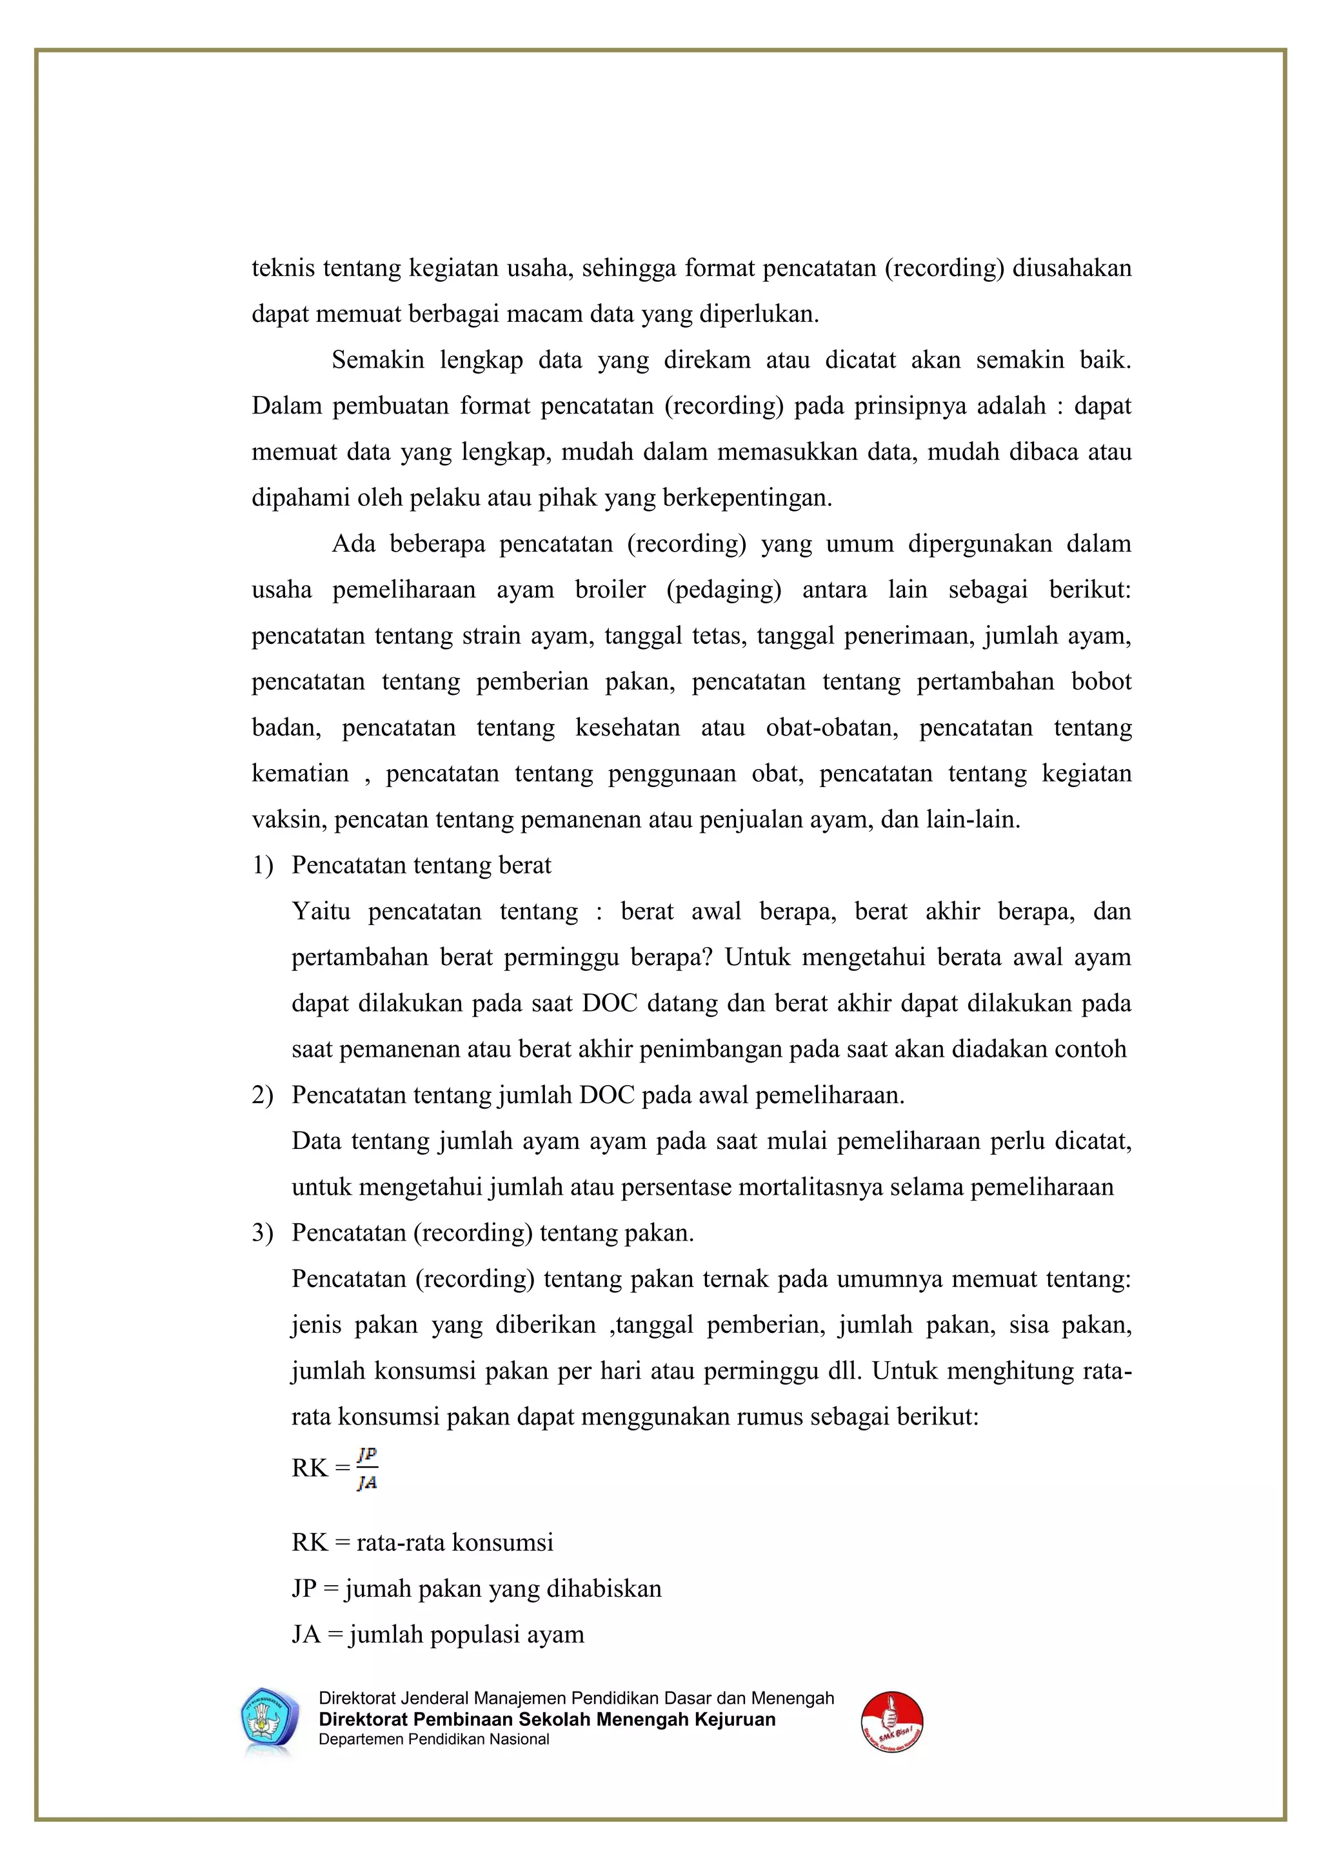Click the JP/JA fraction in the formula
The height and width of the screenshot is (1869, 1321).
tap(367, 1468)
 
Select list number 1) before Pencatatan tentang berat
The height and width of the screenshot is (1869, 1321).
tap(262, 865)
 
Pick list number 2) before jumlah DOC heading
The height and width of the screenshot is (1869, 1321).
tap(262, 1095)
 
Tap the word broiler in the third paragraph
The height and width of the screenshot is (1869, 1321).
tap(610, 590)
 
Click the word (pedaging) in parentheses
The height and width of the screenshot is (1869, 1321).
tap(724, 590)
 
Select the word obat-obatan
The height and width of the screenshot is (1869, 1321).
tap(831, 727)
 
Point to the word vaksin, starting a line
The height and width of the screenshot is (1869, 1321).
tap(289, 819)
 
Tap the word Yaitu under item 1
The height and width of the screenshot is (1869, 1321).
tap(321, 911)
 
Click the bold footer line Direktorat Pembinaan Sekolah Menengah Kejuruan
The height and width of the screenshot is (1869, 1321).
tap(547, 1719)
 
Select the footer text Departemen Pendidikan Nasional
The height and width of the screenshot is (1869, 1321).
tap(434, 1739)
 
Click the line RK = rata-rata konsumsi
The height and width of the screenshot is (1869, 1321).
tap(422, 1543)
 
